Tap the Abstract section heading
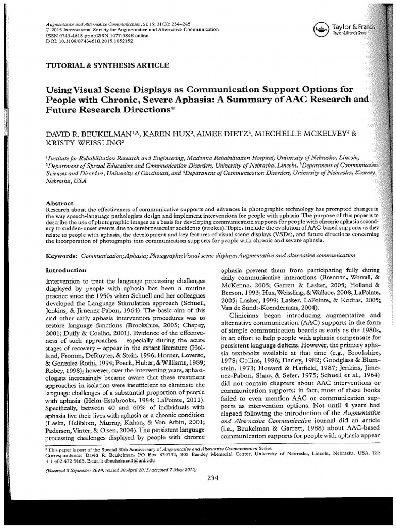tap(60, 204)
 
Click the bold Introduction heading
tap(66, 270)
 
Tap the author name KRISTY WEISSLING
tap(82, 143)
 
